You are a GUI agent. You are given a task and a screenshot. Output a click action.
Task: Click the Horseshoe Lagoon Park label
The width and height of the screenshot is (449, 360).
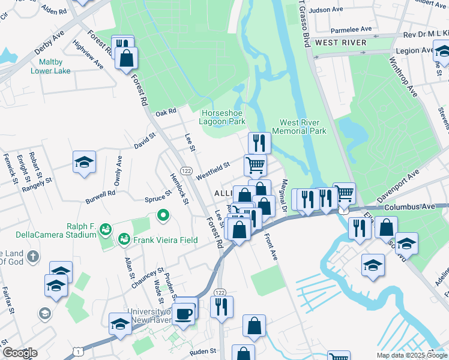[223, 116]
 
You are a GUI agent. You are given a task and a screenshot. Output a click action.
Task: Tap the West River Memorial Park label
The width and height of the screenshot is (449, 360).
[299, 127]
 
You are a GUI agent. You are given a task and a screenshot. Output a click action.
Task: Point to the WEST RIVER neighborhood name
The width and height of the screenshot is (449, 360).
[340, 43]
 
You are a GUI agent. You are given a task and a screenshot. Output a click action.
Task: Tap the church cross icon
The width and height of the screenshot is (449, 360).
[33, 256]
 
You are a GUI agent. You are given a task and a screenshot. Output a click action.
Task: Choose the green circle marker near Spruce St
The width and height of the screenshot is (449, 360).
[162, 214]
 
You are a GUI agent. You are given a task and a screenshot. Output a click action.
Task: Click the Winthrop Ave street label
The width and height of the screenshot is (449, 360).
[403, 77]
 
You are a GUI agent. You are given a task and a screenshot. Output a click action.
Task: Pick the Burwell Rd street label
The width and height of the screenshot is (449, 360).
[100, 194]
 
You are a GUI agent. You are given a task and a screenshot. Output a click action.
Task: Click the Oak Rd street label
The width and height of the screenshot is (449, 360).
[165, 112]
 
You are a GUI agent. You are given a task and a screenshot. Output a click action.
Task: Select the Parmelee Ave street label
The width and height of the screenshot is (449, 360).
[351, 29]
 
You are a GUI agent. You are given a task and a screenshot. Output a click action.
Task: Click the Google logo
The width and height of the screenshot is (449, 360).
[20, 353]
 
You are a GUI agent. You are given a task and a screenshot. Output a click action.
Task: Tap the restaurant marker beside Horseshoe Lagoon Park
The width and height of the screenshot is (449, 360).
[259, 143]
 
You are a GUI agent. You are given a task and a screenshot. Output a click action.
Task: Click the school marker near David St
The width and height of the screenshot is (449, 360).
[84, 162]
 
